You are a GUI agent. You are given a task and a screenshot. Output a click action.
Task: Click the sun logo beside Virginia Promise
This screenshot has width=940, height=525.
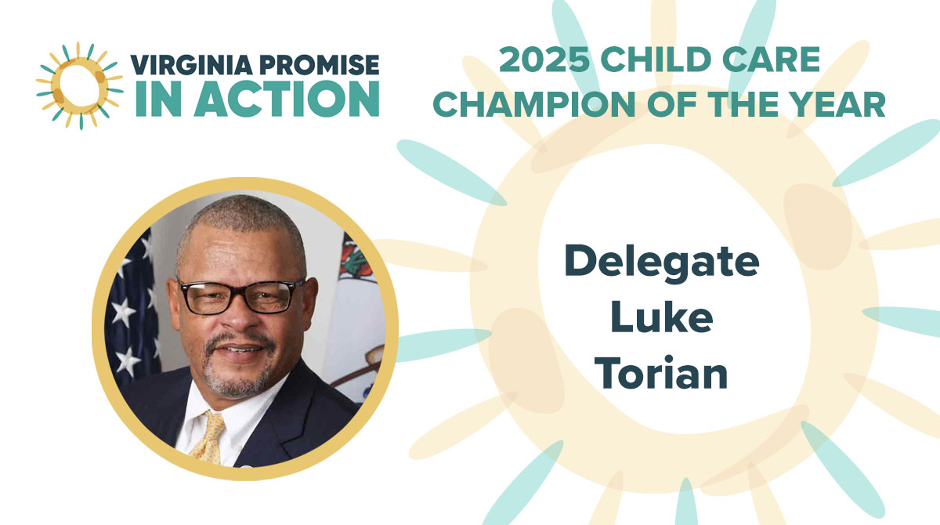pos(79,85)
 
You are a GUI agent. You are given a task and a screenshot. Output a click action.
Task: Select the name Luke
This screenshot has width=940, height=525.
pos(662,319)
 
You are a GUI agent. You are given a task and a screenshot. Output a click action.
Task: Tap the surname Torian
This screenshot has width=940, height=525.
pos(662,374)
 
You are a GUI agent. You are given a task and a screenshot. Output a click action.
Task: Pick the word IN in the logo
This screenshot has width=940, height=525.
pos(153,99)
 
